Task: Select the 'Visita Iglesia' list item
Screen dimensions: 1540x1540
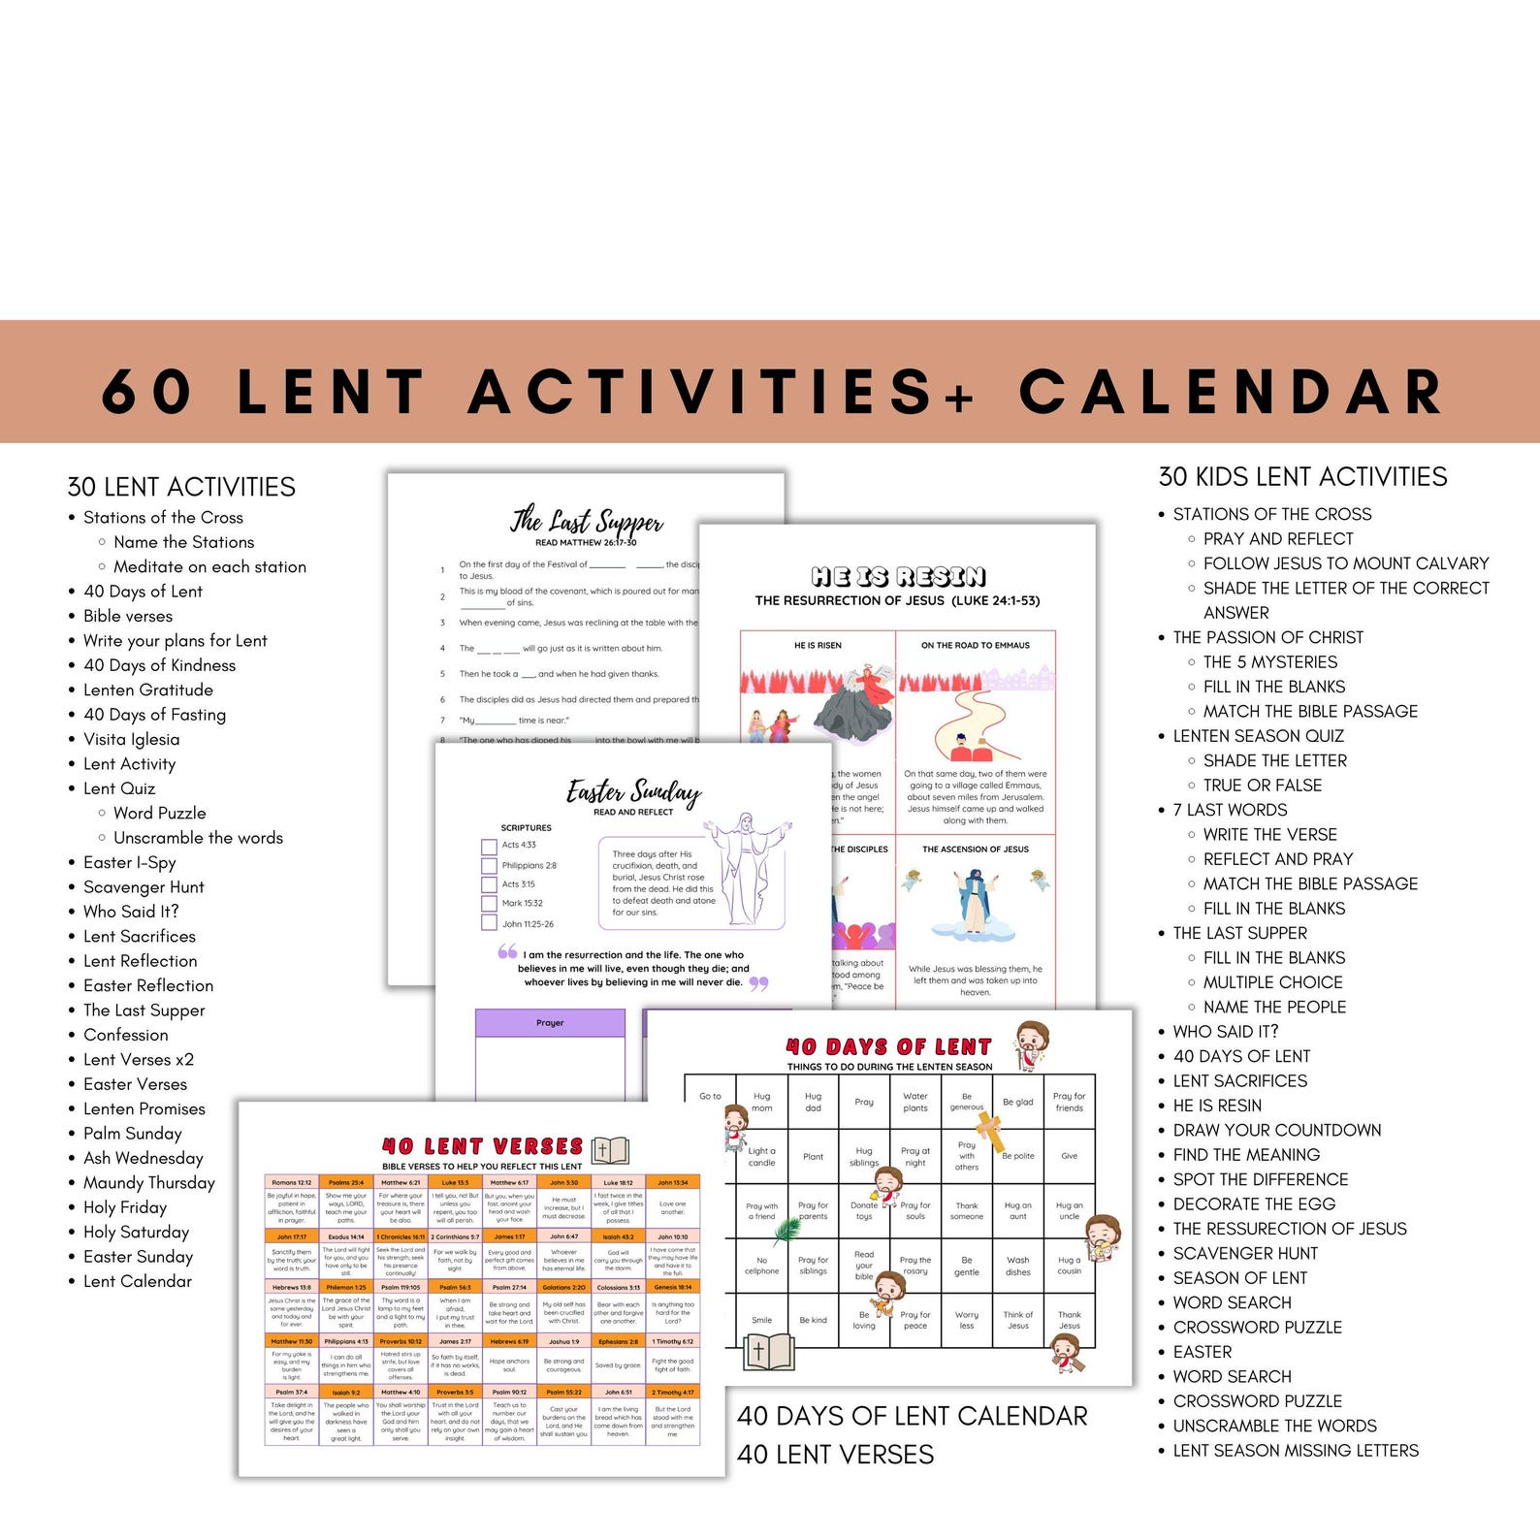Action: tap(131, 739)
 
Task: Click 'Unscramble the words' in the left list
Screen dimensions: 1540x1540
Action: tap(198, 838)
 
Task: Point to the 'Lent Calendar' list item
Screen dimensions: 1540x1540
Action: tap(138, 1281)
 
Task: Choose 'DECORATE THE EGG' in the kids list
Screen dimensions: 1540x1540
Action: tap(1254, 1203)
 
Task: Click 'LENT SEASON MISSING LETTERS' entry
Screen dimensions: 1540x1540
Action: tap(1296, 1451)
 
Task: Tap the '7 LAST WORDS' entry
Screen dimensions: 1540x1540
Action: tap(1230, 810)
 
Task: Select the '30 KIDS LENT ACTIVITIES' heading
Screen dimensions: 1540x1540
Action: tap(1302, 477)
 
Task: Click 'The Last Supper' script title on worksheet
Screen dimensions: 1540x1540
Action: tap(588, 521)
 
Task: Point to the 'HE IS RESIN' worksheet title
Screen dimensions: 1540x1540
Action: tap(898, 577)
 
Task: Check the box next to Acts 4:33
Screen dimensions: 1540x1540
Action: tap(489, 846)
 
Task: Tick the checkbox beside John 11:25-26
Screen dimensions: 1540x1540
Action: tap(489, 923)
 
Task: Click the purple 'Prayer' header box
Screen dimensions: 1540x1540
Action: tap(550, 1023)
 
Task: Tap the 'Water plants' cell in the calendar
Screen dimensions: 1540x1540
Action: tap(915, 1102)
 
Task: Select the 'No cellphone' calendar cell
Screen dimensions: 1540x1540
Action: tap(761, 1266)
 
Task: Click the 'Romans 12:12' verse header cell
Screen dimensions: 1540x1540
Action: tap(292, 1182)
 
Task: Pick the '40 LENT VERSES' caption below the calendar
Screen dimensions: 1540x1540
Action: tap(835, 1455)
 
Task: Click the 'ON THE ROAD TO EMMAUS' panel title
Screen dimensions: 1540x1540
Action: tap(976, 645)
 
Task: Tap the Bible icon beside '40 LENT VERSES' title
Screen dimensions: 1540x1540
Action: tap(610, 1150)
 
